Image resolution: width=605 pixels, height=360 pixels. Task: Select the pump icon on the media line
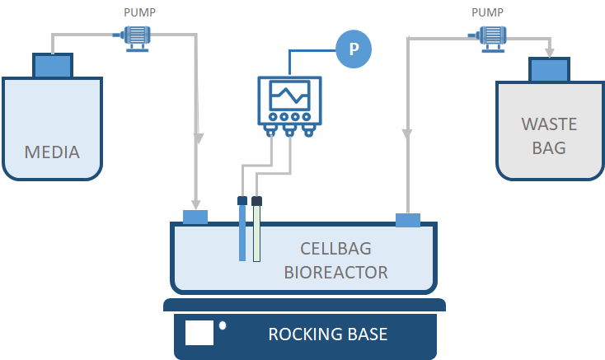[x=134, y=36]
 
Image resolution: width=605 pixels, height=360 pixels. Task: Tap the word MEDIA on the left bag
[x=52, y=152]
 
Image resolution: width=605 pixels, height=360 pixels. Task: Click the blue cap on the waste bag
[x=546, y=70]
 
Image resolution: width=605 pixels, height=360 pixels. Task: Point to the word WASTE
[x=549, y=125]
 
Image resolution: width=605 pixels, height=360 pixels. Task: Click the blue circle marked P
[x=354, y=49]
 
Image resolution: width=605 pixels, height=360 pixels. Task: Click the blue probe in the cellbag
[x=242, y=231]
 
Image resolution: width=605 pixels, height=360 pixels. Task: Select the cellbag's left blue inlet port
[x=195, y=217]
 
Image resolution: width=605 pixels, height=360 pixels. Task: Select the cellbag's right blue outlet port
[x=408, y=220]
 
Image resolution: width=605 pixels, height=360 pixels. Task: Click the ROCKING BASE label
[x=327, y=334]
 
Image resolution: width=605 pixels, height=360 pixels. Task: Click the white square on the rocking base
[x=199, y=332]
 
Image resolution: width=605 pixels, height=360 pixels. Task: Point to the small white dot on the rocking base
[x=223, y=325]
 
